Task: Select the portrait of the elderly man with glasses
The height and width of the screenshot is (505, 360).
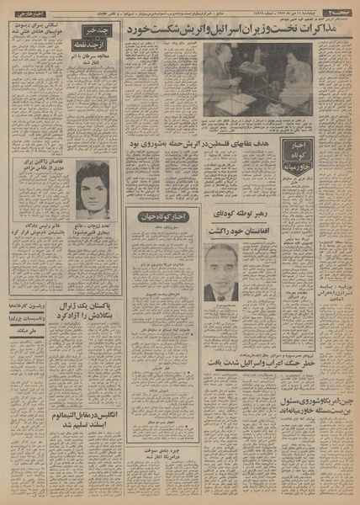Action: point(220,272)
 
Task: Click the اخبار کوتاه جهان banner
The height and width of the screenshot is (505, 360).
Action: point(160,215)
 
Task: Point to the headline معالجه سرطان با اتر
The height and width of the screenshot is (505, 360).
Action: point(93,56)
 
